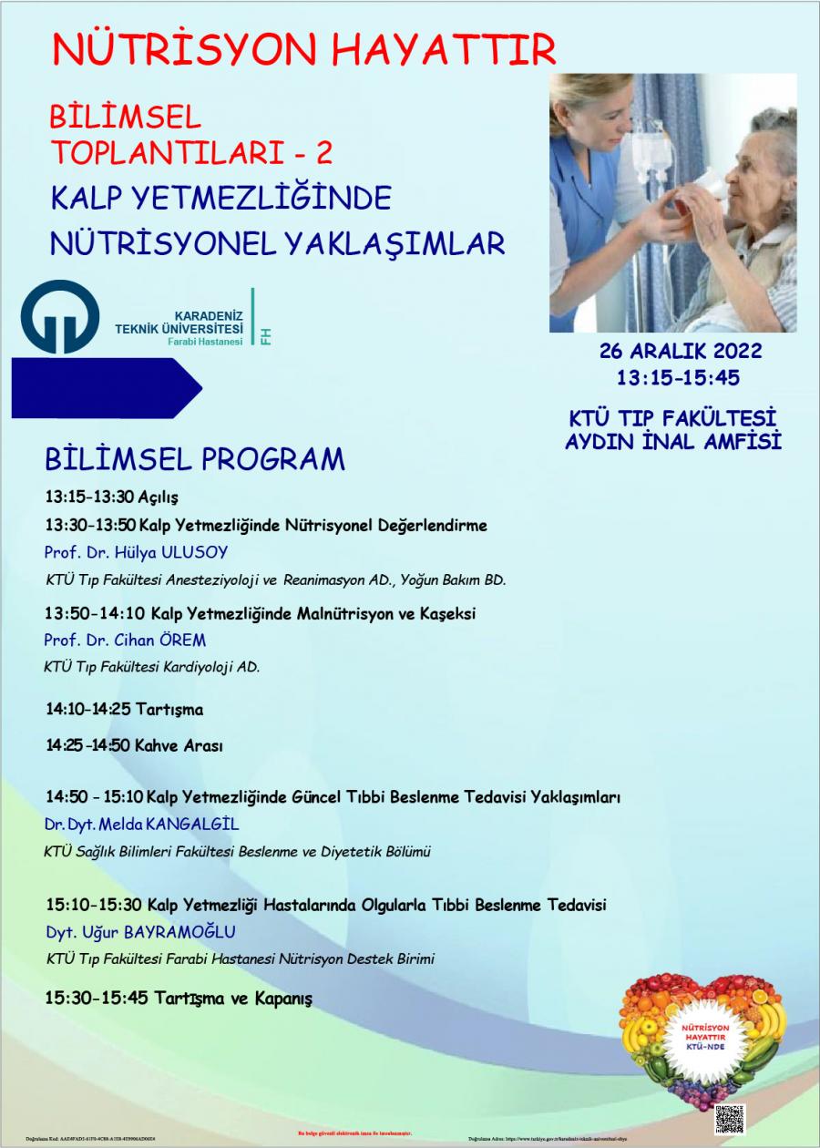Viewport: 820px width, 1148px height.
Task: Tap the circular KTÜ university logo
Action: pyautogui.click(x=60, y=317)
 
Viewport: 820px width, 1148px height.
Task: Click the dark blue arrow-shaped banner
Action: pyautogui.click(x=105, y=388)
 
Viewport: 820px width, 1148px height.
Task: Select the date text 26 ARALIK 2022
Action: pyautogui.click(x=681, y=352)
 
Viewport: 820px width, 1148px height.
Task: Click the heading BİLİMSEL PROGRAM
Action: pyautogui.click(x=195, y=458)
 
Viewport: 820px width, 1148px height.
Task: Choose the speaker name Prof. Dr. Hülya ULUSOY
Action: pyautogui.click(x=136, y=552)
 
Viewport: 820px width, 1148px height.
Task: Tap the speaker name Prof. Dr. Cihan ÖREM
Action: pyautogui.click(x=125, y=640)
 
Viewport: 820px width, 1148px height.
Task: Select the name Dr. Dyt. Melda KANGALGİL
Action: pyautogui.click(x=141, y=824)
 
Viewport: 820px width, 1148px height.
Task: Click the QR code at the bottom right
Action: pyautogui.click(x=729, y=1118)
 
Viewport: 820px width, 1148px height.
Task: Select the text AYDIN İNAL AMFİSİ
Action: pyautogui.click(x=674, y=443)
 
